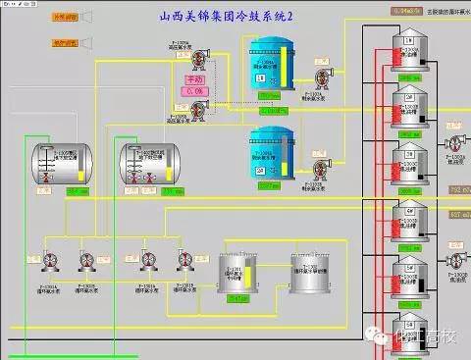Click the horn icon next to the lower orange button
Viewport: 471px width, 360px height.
pos(85,42)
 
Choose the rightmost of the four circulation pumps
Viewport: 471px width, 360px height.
pos(184,259)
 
